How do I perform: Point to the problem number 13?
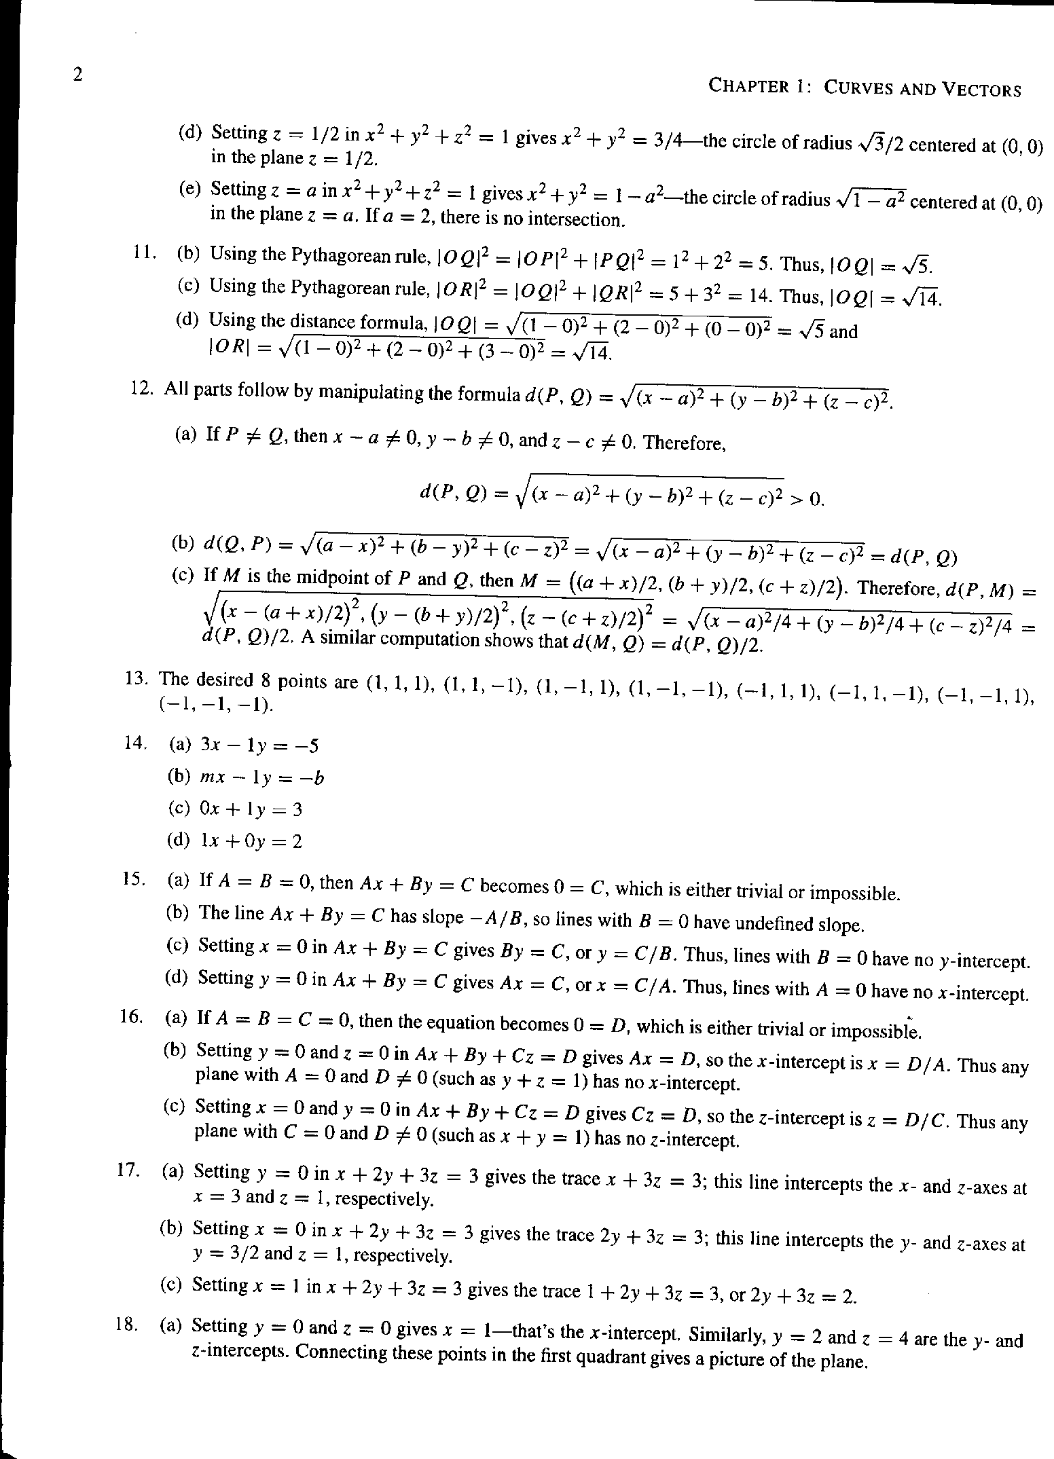click(137, 678)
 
